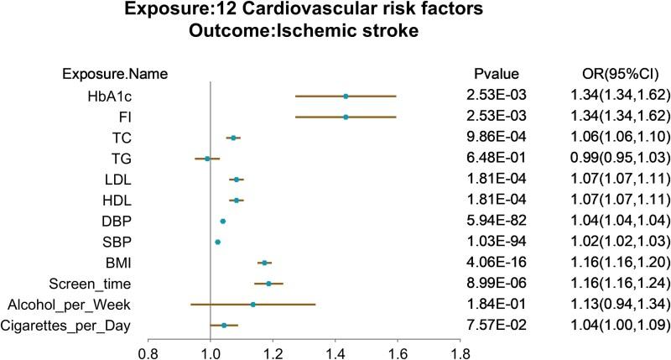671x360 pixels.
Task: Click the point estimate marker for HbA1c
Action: click(346, 97)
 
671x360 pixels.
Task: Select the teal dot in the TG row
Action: click(208, 158)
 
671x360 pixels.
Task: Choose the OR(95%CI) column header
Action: click(608, 73)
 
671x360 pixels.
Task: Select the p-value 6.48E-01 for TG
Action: click(496, 158)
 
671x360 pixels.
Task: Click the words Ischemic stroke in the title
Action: click(377, 34)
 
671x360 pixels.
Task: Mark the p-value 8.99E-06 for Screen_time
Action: click(496, 307)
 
